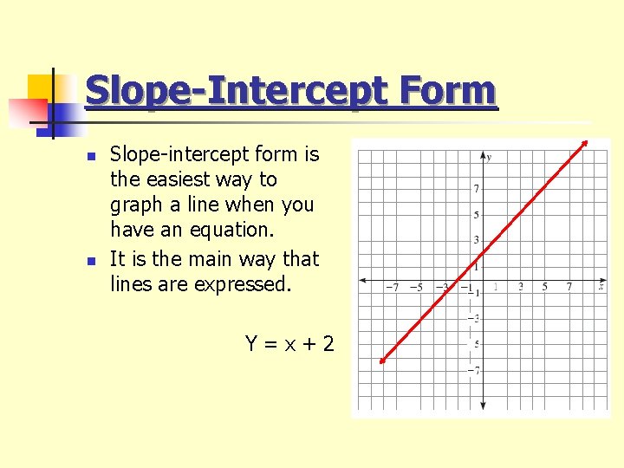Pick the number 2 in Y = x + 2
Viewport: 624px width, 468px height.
[x=327, y=344]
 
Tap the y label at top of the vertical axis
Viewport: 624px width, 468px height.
[x=490, y=157]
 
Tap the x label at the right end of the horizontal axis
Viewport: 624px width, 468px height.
[x=601, y=285]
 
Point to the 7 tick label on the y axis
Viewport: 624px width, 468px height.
[x=476, y=188]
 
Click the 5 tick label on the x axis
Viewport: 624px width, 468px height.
[x=545, y=287]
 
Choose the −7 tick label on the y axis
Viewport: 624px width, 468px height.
[x=474, y=370]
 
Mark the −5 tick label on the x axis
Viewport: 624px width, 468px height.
[x=416, y=287]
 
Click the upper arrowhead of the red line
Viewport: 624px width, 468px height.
[x=585, y=143]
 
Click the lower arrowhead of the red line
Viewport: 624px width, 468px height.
[x=382, y=362]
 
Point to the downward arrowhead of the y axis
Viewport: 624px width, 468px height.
[x=483, y=406]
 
